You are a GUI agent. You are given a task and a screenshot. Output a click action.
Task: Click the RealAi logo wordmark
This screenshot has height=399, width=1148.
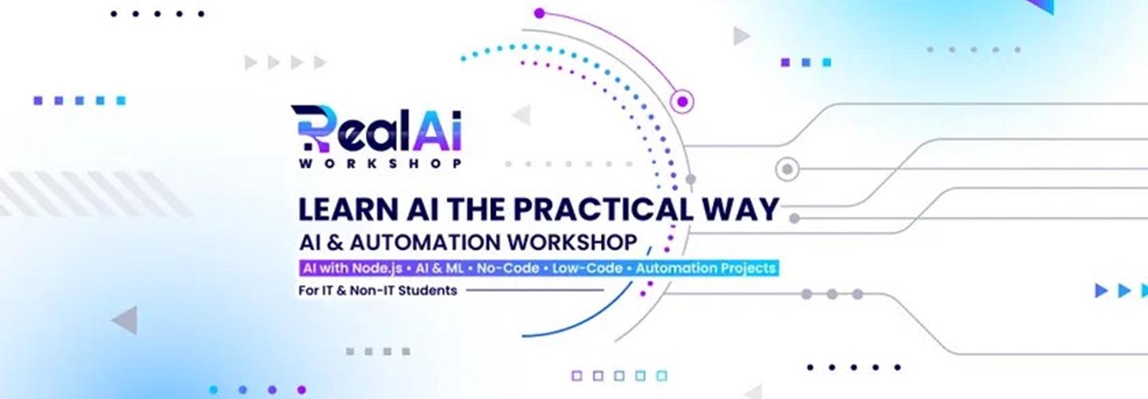[x=376, y=128]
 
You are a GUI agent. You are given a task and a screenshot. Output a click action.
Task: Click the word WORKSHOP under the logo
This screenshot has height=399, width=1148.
[x=380, y=164]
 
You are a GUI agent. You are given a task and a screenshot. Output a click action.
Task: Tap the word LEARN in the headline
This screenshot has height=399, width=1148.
[x=348, y=209]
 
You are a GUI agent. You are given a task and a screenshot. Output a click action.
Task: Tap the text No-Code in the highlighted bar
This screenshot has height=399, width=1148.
[x=508, y=268]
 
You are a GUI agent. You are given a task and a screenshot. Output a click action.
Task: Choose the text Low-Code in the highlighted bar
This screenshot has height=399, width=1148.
[x=588, y=268]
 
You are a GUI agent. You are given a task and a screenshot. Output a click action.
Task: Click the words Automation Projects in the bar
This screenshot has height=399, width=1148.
[x=706, y=268]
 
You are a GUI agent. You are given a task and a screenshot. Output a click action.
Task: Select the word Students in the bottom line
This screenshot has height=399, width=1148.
[x=427, y=290]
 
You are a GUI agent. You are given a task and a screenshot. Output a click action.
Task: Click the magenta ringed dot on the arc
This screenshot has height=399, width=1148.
[x=682, y=101]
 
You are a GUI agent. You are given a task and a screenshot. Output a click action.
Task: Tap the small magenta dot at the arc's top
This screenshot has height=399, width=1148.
[x=539, y=14]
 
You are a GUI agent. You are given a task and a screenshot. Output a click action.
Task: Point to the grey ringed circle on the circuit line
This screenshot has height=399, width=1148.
[x=788, y=168]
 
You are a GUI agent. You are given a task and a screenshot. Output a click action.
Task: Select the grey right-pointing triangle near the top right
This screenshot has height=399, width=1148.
[x=741, y=36]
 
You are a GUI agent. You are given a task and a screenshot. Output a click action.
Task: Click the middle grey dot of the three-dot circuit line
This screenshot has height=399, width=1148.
[x=832, y=294]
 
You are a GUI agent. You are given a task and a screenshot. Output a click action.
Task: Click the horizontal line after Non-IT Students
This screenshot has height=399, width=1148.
[x=534, y=290]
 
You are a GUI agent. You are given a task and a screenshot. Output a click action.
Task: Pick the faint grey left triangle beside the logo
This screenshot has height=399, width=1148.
[x=521, y=115]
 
